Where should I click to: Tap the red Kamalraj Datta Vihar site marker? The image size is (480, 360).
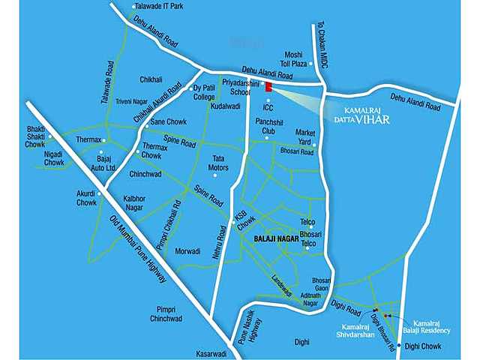coord(267,88)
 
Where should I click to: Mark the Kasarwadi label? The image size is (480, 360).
coord(211,352)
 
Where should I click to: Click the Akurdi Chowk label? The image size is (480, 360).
coord(86,198)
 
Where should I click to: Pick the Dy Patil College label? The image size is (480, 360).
coord(204,92)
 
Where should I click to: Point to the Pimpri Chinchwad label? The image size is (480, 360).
coord(166,313)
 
